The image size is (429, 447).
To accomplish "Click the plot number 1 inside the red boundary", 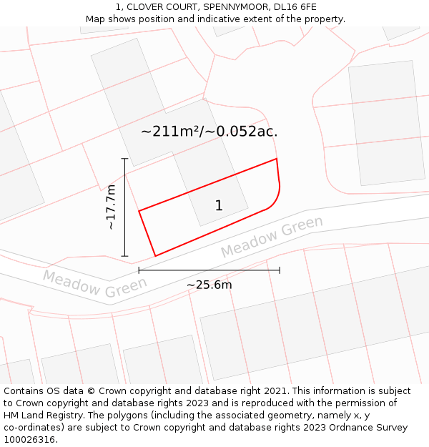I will click(219, 206).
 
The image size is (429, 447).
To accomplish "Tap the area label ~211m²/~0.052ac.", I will click(209, 132).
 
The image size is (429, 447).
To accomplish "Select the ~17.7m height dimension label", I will click(111, 207).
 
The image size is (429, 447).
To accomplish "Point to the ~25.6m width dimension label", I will click(209, 285).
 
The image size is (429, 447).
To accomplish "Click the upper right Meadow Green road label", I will click(272, 237).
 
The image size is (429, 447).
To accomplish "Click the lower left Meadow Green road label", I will click(94, 284).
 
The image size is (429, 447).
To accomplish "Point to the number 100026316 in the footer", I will click(29, 440).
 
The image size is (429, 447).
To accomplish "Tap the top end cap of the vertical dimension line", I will click(124, 159).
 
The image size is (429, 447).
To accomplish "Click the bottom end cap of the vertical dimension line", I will click(124, 256).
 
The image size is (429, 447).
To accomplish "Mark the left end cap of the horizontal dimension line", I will click(139, 270).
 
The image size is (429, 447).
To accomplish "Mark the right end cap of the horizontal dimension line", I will click(280, 270).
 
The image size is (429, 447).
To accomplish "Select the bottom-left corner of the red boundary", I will click(155, 255).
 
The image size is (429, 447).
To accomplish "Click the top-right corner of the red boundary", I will click(276, 159).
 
